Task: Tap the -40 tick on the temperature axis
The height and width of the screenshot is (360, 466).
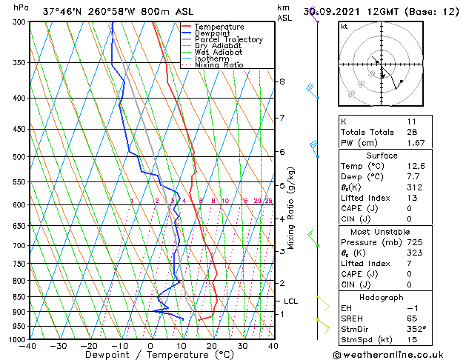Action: pyautogui.click(x=28, y=346)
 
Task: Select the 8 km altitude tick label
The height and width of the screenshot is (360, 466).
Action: pyautogui.click(x=282, y=81)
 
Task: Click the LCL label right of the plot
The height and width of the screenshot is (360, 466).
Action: pyautogui.click(x=291, y=301)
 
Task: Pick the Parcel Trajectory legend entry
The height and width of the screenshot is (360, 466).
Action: pyautogui.click(x=228, y=40)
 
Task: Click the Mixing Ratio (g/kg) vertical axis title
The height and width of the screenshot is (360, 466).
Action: pyautogui.click(x=292, y=208)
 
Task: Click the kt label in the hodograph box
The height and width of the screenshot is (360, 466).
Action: pyautogui.click(x=344, y=27)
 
